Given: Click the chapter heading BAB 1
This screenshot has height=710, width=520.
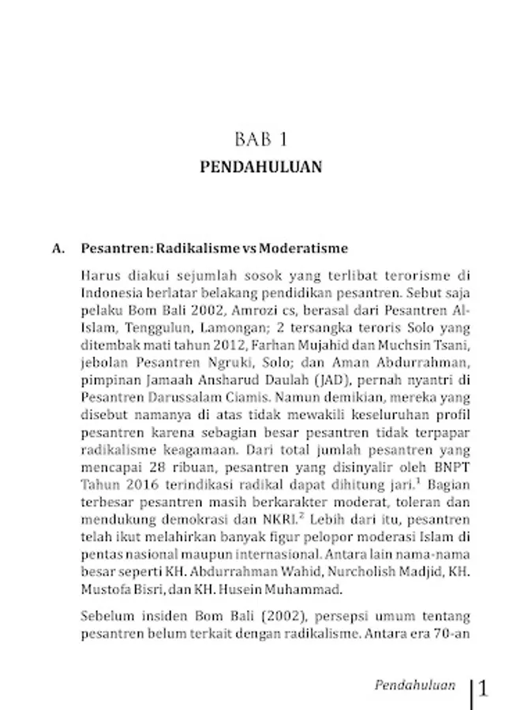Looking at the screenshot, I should click(260, 140).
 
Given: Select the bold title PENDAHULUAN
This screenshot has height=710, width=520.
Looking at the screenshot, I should click(260, 167).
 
